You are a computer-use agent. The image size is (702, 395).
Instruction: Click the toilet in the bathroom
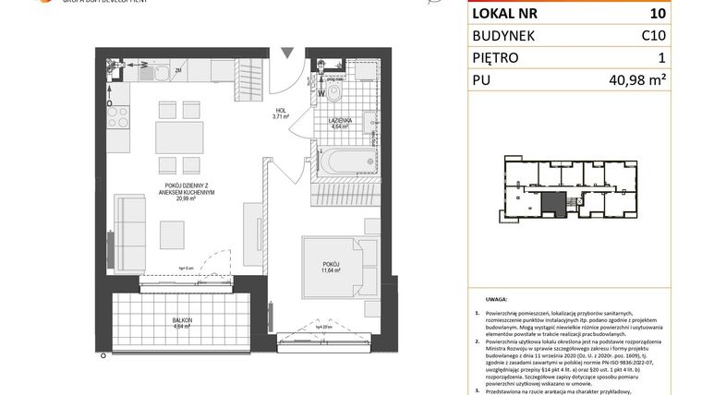click(334, 93)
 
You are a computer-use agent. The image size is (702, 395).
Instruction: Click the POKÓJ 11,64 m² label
click(331, 268)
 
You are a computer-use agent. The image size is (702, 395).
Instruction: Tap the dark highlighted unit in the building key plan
click(553, 205)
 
